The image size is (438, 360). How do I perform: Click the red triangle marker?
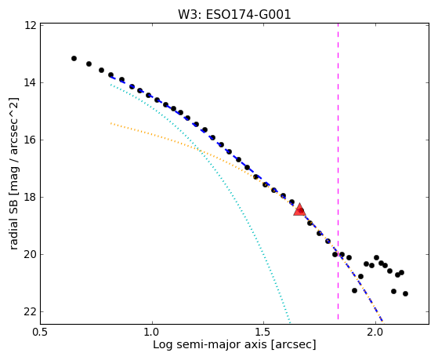(x=300, y=209)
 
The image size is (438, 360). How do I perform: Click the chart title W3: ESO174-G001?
(x=234, y=15)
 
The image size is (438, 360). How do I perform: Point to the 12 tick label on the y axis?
(x=30, y=25)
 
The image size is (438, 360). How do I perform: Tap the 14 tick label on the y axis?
(x=30, y=83)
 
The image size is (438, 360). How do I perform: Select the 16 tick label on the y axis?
(x=30, y=140)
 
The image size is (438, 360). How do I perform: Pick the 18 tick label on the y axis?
(x=30, y=197)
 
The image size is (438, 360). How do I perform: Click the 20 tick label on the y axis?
(x=30, y=255)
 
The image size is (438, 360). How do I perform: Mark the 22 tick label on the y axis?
(x=30, y=311)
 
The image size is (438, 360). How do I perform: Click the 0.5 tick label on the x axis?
(x=41, y=332)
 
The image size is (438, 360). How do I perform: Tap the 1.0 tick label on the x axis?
(x=152, y=332)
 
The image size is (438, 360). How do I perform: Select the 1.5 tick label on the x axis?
(x=264, y=332)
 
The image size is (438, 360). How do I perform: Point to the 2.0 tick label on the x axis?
(x=375, y=332)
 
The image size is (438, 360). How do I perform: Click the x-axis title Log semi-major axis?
(x=209, y=344)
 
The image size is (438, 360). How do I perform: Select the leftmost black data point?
(x=74, y=59)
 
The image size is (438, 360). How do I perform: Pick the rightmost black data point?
(x=405, y=293)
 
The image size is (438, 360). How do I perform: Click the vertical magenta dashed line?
(x=338, y=172)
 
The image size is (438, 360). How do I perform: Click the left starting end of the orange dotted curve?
(x=111, y=123)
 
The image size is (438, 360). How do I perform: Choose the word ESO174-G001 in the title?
(x=248, y=15)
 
